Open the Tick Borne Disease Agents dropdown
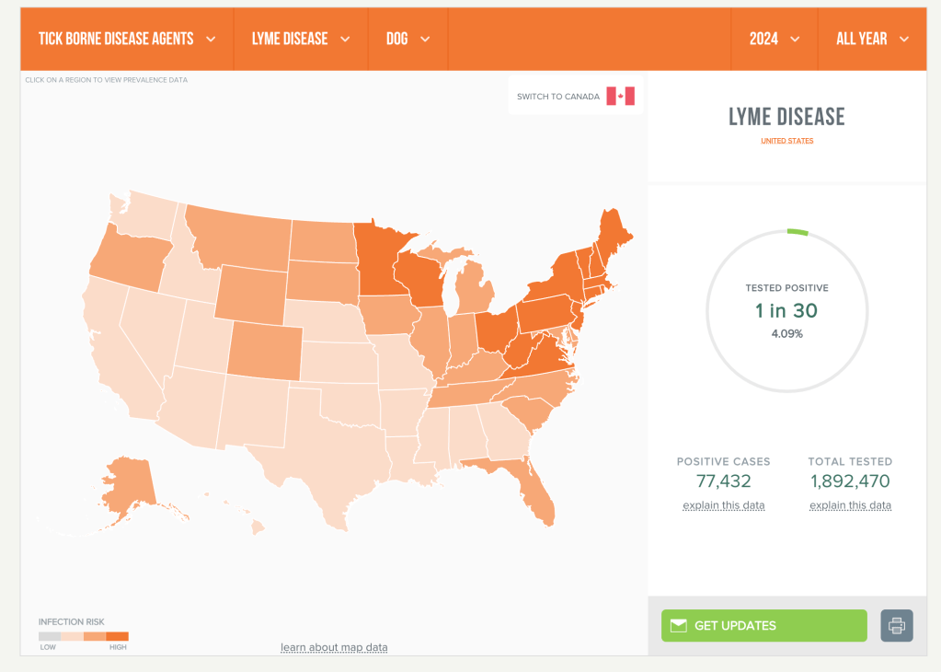tap(127, 39)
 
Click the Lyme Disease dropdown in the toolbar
tap(301, 39)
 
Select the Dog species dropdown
tap(408, 39)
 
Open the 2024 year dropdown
tap(774, 39)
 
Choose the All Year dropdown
tap(872, 39)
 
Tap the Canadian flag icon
tap(621, 97)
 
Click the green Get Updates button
tap(763, 626)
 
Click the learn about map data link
tap(334, 647)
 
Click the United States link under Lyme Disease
tap(786, 141)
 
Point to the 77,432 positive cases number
tap(723, 481)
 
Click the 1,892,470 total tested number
tap(850, 481)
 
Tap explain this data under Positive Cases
tap(723, 505)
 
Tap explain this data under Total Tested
tap(850, 505)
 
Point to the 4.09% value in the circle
tap(786, 333)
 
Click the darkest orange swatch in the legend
tap(118, 636)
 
